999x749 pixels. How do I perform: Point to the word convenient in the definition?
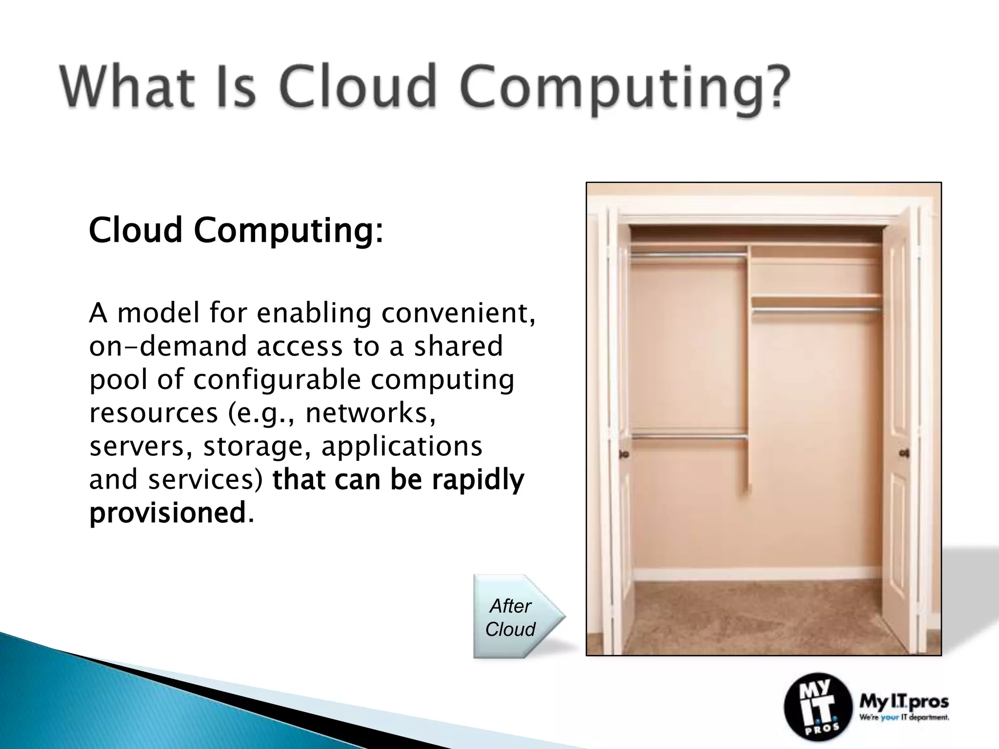pyautogui.click(x=458, y=313)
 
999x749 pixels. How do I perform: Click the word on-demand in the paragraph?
pyautogui.click(x=169, y=346)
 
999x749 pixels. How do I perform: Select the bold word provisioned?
pyautogui.click(x=167, y=513)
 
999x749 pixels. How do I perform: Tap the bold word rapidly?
pyautogui.click(x=478, y=480)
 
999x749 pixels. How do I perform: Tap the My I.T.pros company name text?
pyautogui.click(x=904, y=703)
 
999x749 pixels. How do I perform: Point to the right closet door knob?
pyautogui.click(x=904, y=453)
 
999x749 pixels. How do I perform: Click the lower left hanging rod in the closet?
pyautogui.click(x=689, y=437)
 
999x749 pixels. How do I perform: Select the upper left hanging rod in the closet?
pyautogui.click(x=689, y=254)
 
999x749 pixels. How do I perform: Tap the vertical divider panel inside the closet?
pyautogui.click(x=749, y=371)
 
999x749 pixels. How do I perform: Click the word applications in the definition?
pyautogui.click(x=402, y=446)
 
